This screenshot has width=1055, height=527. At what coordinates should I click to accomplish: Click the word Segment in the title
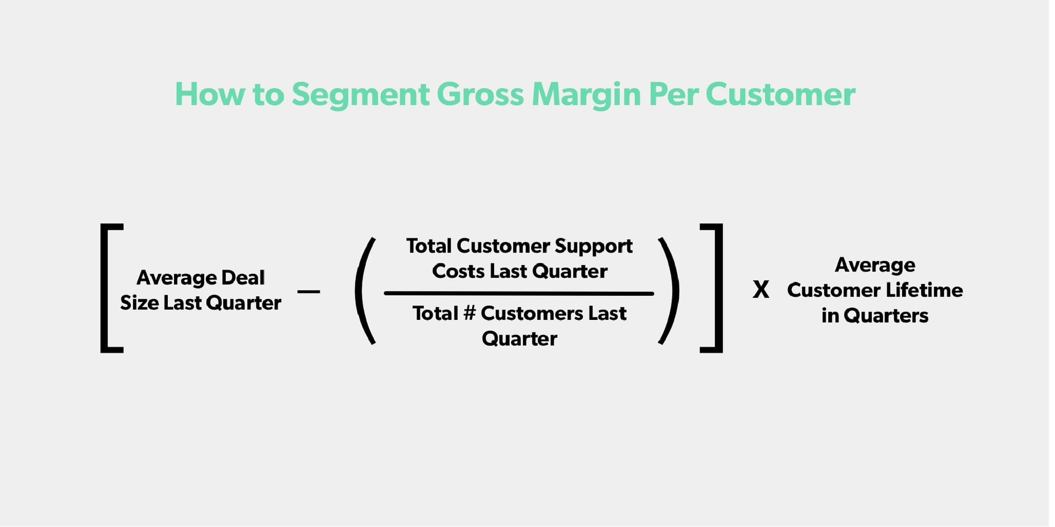click(x=360, y=95)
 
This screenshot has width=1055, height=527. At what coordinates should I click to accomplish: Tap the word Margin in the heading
click(x=586, y=95)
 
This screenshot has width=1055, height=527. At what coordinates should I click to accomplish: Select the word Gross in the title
click(x=480, y=95)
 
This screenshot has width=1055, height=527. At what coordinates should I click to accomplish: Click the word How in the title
click(x=209, y=95)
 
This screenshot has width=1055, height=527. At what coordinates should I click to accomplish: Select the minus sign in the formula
click(x=309, y=291)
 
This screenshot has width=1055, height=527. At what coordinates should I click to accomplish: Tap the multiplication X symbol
click(x=761, y=290)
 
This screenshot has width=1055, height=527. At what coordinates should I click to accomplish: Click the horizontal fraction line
click(x=519, y=294)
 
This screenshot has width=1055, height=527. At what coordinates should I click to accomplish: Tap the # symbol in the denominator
click(x=469, y=314)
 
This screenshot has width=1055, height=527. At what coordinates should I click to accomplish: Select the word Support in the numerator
click(x=593, y=247)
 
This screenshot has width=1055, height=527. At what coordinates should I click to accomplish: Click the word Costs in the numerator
click(x=458, y=271)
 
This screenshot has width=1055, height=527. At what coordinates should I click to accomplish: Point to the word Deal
click(x=243, y=278)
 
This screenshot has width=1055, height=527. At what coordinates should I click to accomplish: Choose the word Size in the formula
click(x=139, y=303)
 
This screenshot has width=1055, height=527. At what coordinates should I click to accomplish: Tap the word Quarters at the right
click(x=886, y=316)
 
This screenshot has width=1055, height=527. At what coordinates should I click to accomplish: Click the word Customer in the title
click(x=780, y=95)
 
